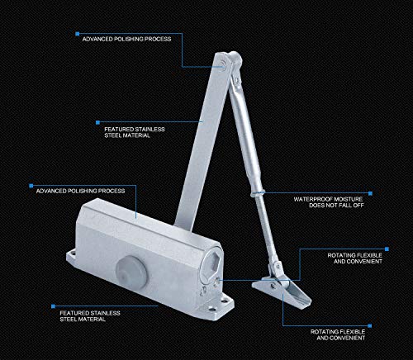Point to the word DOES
point(316,206)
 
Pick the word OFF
point(358,206)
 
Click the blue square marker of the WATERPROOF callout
point(370,193)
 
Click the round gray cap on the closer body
point(131,272)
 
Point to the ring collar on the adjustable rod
point(258,193)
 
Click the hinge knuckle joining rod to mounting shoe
point(276,268)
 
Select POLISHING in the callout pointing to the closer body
point(83,191)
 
